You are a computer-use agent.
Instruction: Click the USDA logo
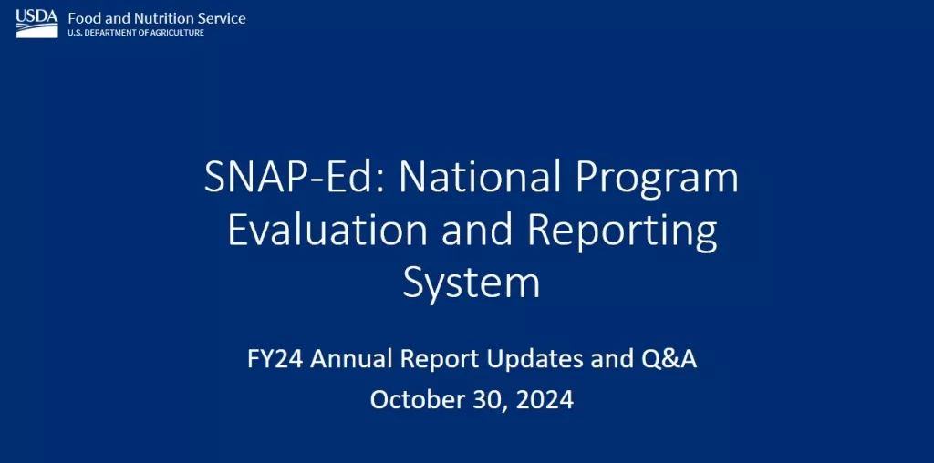point(36,24)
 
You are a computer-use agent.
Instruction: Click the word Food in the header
point(81,18)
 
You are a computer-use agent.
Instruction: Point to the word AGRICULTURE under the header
point(179,33)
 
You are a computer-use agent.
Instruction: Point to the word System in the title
point(472,283)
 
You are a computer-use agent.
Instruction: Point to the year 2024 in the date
point(545,399)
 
